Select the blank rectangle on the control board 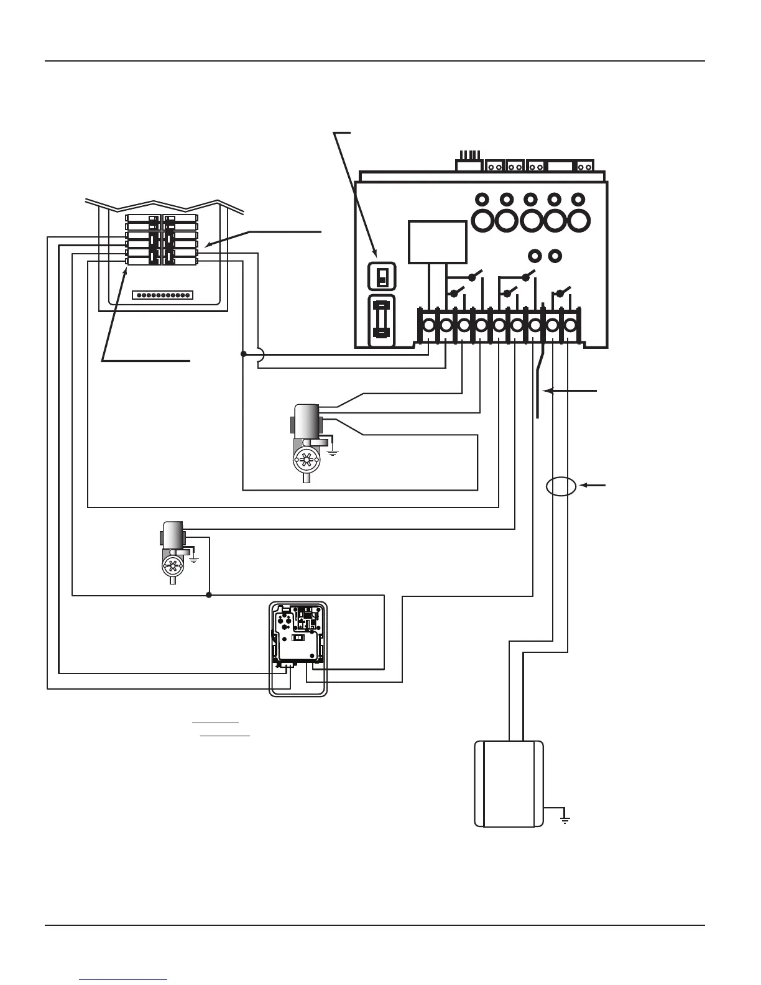437,242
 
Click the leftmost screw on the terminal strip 428,325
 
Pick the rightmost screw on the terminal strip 569,325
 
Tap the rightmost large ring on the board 578,220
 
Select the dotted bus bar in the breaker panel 164,295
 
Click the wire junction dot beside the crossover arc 243,354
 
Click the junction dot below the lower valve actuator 209,595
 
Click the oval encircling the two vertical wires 561,486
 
